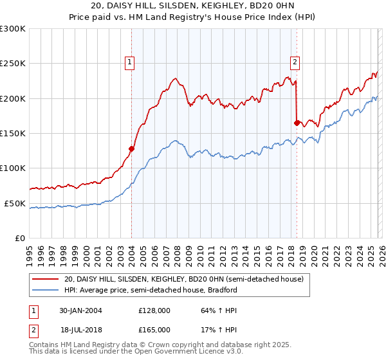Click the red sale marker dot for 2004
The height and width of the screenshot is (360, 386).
point(131,148)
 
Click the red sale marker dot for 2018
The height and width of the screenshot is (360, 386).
point(297,123)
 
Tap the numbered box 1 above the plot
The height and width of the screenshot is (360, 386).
point(130,62)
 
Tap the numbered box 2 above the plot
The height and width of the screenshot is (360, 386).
point(295,62)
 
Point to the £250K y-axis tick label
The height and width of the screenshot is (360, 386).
point(13,64)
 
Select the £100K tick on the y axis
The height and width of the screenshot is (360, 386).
point(13,168)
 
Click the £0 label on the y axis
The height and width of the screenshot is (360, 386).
point(21,238)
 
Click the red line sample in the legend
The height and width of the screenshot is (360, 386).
point(46,279)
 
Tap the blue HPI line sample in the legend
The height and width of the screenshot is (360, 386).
point(46,290)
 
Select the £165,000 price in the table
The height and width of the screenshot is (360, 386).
point(154,330)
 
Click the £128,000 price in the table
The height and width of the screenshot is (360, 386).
point(154,310)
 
